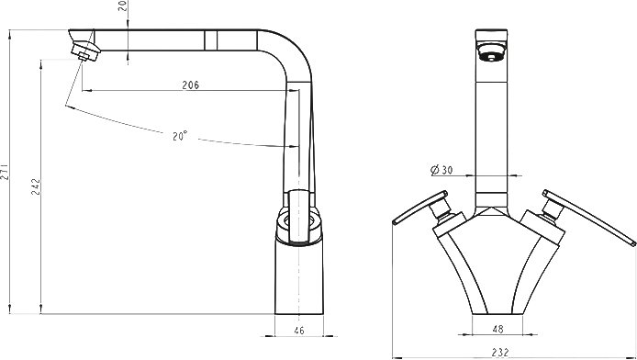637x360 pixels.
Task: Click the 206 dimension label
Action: coord(191,84)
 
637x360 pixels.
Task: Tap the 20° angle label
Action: coord(180,136)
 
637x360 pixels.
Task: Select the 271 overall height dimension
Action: coord(4,171)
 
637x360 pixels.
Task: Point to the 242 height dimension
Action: coord(36,186)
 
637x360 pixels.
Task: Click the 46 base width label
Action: coord(298,331)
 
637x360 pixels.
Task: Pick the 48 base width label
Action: coord(497,329)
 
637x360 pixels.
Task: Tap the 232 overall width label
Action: coord(499,353)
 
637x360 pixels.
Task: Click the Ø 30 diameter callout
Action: coord(441,170)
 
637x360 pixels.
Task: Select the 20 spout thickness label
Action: coord(124,6)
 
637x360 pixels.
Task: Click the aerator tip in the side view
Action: coord(84,57)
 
